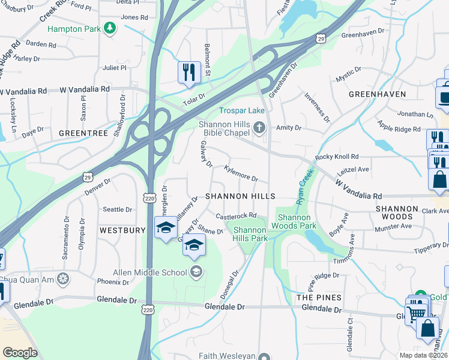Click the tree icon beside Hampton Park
click(x=109, y=28)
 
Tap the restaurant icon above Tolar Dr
click(x=189, y=72)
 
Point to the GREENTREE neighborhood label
click(x=83, y=133)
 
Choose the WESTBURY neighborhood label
click(x=122, y=230)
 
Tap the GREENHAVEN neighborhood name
click(x=378, y=94)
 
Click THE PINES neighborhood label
click(x=319, y=298)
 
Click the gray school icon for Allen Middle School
click(x=196, y=272)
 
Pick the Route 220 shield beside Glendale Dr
click(x=149, y=308)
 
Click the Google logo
click(x=20, y=352)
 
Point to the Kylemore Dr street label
click(x=241, y=175)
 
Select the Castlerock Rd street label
click(x=237, y=215)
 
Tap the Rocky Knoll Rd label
click(x=337, y=157)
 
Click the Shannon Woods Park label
click(x=294, y=221)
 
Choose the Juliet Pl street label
click(x=115, y=68)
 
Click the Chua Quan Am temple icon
click(x=64, y=279)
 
